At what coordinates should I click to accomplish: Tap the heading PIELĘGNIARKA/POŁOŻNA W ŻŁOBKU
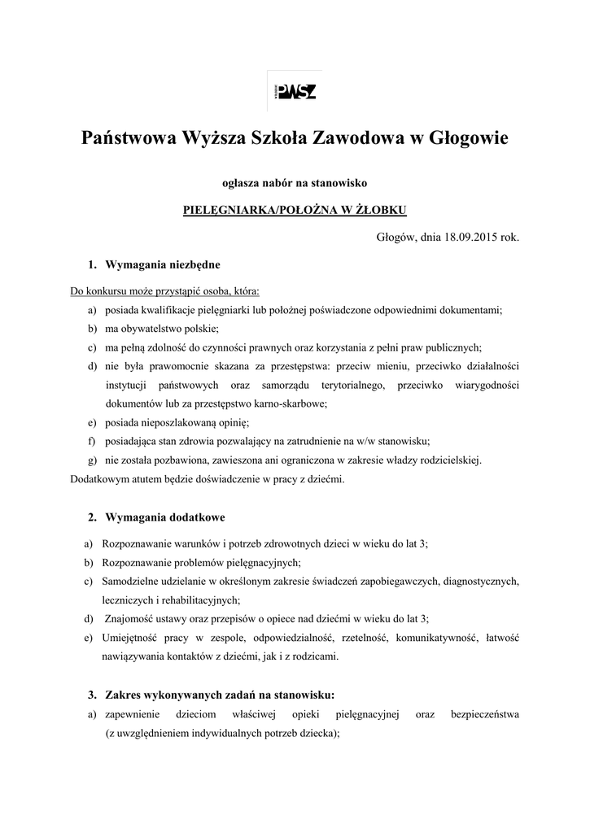pos(295,209)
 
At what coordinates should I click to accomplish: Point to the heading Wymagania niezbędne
pos(163,265)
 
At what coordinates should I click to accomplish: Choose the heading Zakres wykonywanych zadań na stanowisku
pos(220,695)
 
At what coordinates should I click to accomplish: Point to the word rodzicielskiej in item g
pos(448,460)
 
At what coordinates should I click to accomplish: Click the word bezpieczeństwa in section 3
pos(485,714)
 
